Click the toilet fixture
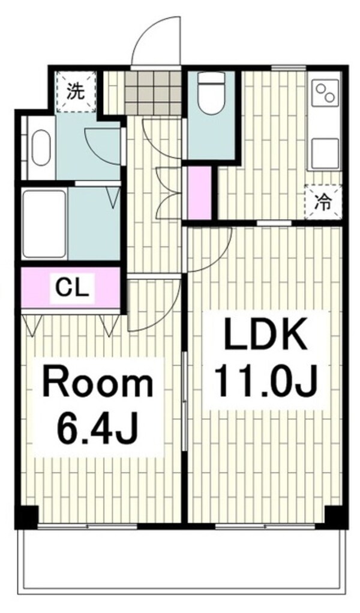[211, 93]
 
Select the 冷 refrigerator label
[323, 202]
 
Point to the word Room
[98, 385]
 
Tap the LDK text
[265, 334]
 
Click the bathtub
[44, 224]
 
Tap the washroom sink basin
[41, 147]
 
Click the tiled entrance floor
[153, 92]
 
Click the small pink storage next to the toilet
[199, 192]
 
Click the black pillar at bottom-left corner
[26, 516]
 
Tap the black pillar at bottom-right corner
[336, 516]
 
